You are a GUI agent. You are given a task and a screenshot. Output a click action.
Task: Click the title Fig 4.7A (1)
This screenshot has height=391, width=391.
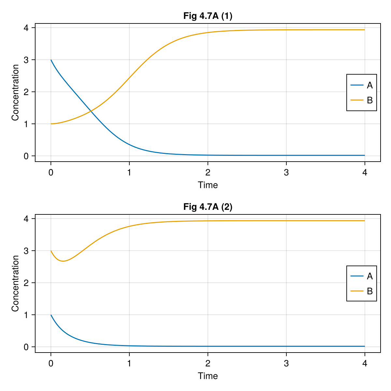[x=208, y=16]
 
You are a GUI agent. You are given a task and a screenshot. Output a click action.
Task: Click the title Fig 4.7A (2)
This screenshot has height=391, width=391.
[x=208, y=207]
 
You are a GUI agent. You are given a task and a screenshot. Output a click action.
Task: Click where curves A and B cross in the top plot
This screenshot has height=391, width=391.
[x=91, y=111]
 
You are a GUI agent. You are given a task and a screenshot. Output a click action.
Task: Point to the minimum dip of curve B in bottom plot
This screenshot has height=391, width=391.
[x=63, y=261]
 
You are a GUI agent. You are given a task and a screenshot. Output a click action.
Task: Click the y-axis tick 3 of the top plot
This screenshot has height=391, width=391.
[x=26, y=60]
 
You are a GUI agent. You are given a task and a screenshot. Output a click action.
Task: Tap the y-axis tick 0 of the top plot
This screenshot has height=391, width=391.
[x=26, y=156]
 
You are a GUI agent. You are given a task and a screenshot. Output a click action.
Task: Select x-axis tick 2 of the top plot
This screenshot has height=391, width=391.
[x=208, y=172]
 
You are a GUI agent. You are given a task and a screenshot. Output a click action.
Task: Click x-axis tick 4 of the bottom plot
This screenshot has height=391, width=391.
[x=365, y=363]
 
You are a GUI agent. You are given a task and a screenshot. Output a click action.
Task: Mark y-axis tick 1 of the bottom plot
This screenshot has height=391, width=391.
[x=26, y=315]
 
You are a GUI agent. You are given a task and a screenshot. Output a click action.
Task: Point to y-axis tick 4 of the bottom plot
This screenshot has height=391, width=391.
[x=26, y=219]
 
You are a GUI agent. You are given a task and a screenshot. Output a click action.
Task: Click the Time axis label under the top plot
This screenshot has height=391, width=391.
[x=208, y=185]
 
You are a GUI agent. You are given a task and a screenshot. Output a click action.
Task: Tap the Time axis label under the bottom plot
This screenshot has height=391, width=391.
[x=208, y=376]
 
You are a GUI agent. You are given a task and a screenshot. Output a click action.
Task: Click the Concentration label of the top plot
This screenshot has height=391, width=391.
[x=15, y=93]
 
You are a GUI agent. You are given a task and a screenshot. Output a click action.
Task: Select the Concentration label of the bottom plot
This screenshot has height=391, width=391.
[x=15, y=283]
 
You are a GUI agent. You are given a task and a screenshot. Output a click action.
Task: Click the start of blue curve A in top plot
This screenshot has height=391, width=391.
[x=51, y=60]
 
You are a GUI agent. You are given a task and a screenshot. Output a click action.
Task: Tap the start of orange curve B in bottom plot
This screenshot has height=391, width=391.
[x=51, y=251]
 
